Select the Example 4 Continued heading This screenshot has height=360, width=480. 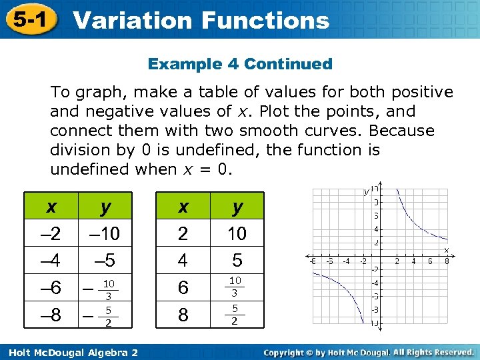240,64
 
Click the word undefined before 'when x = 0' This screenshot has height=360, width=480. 89,169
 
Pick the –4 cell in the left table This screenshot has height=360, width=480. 51,259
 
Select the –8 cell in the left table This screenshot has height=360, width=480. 51,315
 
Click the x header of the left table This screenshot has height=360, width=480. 51,207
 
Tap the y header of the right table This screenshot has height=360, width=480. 237,207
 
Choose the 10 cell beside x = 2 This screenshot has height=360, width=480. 237,234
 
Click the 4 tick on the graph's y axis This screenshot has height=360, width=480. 377,229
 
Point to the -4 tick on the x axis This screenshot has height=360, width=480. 346,261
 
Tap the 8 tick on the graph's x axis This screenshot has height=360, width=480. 447,261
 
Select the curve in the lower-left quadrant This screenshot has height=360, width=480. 347,287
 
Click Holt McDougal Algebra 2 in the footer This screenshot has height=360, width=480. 69,352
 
